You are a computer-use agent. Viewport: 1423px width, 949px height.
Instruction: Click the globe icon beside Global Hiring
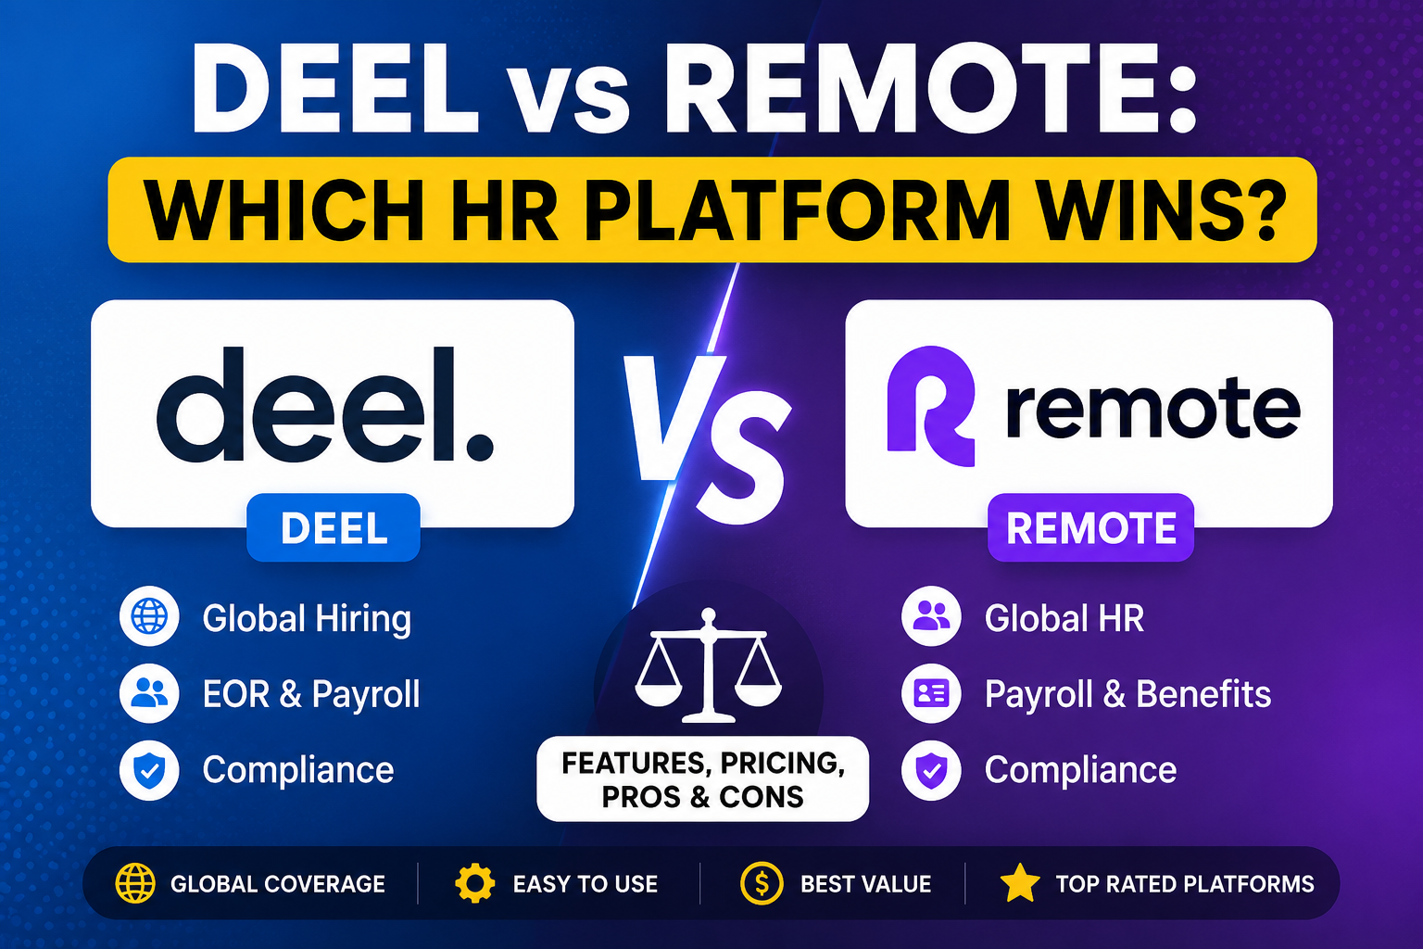[149, 616]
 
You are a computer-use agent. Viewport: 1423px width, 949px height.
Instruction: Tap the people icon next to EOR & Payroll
[149, 693]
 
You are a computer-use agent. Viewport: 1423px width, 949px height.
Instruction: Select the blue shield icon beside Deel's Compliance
[149, 770]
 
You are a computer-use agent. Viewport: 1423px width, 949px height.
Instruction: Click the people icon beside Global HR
[931, 616]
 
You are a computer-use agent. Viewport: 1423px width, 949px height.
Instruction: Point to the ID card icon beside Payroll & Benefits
[931, 693]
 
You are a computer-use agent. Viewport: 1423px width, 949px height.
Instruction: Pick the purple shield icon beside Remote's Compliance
[931, 770]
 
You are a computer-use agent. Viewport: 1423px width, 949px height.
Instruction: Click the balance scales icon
[709, 665]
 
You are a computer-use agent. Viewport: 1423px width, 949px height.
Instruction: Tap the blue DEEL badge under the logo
[334, 527]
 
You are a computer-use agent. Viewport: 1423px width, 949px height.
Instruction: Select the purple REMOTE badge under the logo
[1090, 527]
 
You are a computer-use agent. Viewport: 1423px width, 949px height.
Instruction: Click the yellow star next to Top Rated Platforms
[1020, 883]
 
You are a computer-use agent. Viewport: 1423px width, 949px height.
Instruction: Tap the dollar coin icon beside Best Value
[762, 883]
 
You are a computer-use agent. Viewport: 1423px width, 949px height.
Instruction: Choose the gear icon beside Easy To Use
[474, 883]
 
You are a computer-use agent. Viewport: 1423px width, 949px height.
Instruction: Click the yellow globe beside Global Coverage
[134, 883]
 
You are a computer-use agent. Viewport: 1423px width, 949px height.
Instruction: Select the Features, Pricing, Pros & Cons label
[702, 778]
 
